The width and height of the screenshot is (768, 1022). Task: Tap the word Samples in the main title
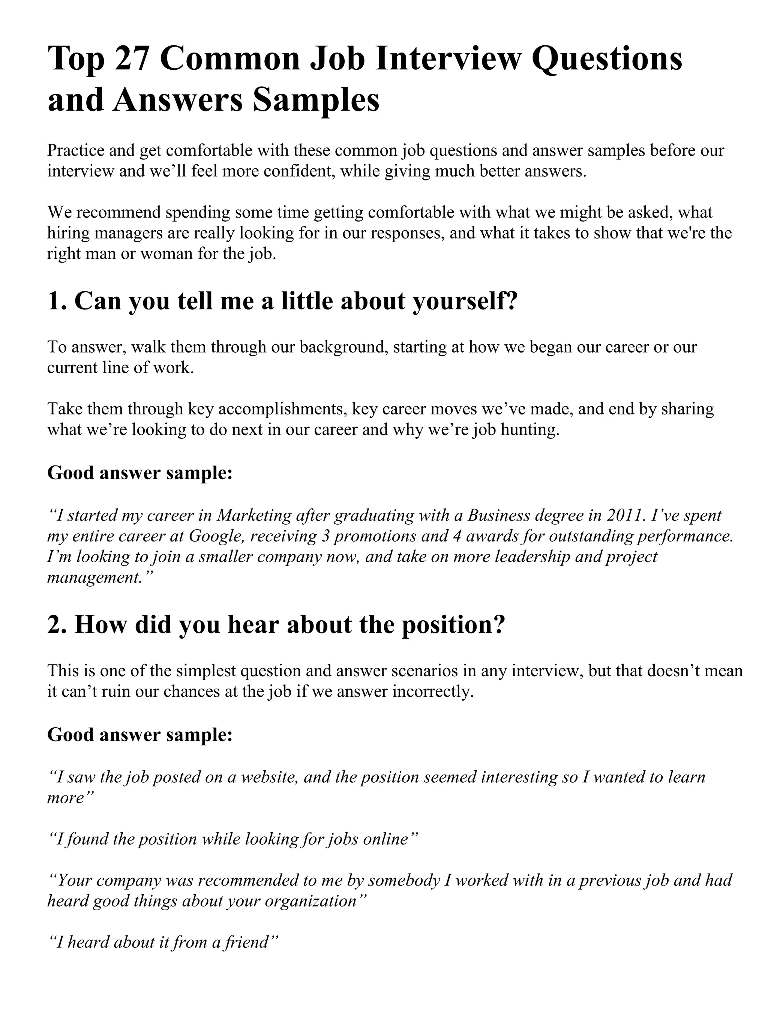tap(316, 100)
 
